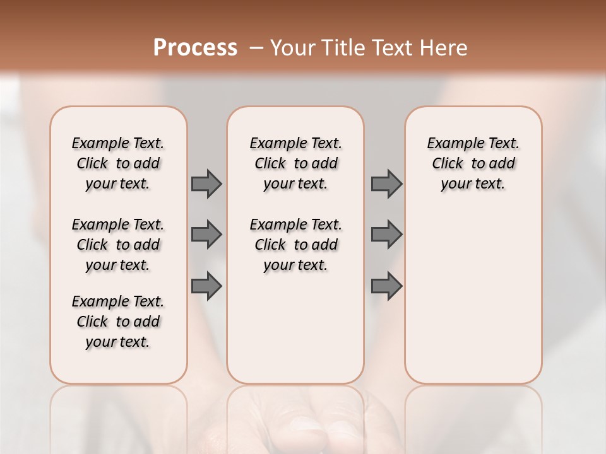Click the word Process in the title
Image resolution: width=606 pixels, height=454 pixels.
(x=195, y=47)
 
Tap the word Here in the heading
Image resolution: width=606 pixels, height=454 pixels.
(x=444, y=48)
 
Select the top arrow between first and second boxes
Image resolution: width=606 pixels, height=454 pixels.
(x=206, y=183)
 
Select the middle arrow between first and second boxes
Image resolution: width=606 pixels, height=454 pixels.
(x=206, y=235)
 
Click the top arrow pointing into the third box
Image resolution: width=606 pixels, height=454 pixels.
(x=386, y=183)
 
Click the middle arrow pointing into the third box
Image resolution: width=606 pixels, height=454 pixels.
(x=386, y=235)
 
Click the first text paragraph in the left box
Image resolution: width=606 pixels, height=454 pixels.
(x=118, y=163)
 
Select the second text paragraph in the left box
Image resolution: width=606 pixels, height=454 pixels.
(x=118, y=245)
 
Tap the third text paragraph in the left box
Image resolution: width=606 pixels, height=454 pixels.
(x=118, y=322)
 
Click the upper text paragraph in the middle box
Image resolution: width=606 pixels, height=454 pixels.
(x=295, y=163)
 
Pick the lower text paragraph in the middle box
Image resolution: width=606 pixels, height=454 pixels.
(x=295, y=245)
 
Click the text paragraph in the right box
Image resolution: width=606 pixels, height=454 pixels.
(x=473, y=163)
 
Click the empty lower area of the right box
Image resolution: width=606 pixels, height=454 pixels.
(x=473, y=296)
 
